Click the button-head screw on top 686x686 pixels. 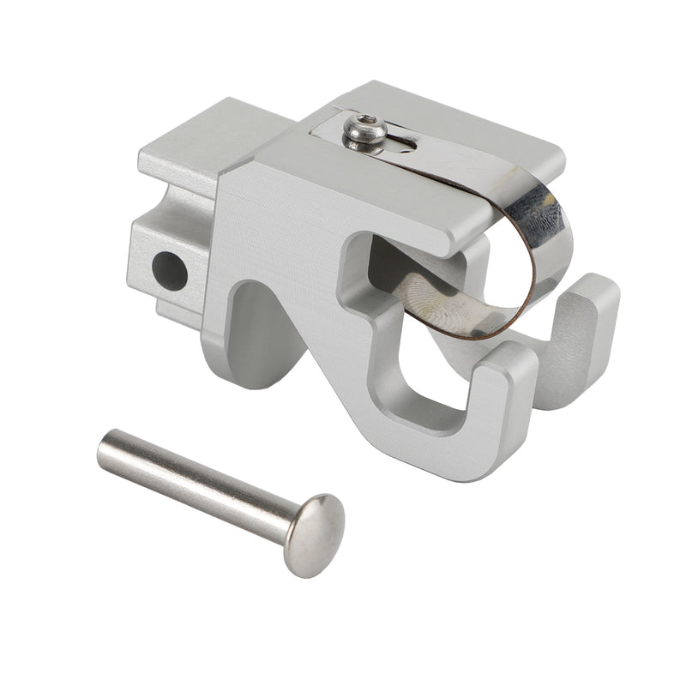364,132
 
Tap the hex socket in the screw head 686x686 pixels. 366,122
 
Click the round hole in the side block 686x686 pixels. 169,270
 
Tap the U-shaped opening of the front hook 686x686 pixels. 420,377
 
